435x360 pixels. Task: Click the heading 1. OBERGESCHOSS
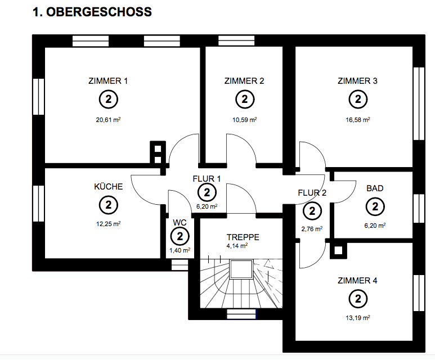[93, 12]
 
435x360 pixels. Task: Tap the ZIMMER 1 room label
[108, 80]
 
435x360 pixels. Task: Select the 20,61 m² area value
[108, 119]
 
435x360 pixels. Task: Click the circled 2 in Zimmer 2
[244, 100]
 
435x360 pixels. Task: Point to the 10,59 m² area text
[244, 119]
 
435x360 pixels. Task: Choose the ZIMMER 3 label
[357, 80]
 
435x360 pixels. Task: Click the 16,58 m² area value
[357, 119]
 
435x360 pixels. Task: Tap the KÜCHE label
[108, 186]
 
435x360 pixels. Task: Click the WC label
[180, 222]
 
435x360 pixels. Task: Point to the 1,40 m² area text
[180, 250]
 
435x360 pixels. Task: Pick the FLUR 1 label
[207, 179]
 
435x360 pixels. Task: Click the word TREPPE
[243, 237]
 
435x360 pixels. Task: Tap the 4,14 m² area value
[237, 246]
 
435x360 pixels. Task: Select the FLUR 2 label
[312, 193]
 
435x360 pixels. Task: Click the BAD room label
[375, 188]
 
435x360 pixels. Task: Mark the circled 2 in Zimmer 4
[357, 299]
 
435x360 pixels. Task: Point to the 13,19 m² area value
[357, 318]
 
